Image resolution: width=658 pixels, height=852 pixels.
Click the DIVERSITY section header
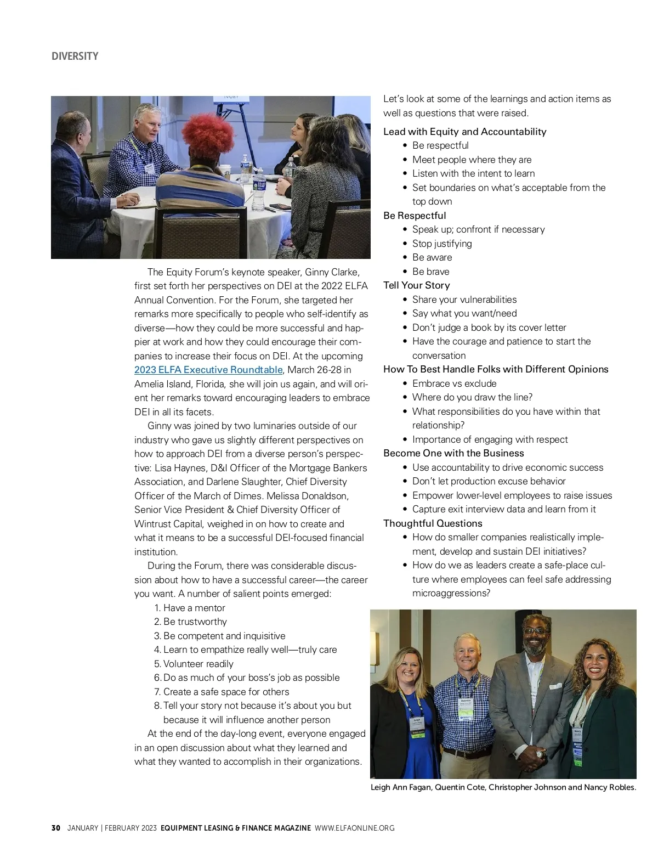point(75,57)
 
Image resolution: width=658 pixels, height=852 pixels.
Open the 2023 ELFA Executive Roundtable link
point(208,370)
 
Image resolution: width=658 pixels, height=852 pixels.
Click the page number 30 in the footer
point(55,828)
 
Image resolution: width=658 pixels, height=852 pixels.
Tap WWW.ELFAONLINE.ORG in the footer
point(354,828)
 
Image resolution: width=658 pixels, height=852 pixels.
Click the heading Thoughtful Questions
point(433,523)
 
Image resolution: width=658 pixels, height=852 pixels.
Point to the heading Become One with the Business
point(453,453)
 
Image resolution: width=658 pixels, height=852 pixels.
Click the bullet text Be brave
point(430,272)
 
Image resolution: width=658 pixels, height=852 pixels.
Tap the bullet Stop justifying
point(442,244)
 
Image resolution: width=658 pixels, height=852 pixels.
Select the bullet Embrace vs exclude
point(454,383)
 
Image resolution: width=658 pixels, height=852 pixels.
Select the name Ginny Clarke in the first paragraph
point(332,272)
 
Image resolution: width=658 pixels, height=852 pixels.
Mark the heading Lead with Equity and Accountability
point(464,132)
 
